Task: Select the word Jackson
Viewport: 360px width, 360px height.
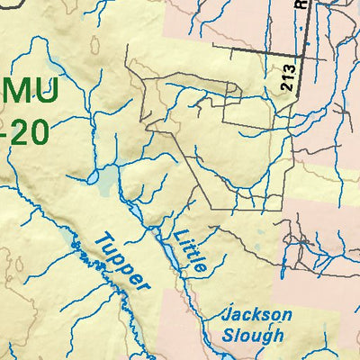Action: point(258,316)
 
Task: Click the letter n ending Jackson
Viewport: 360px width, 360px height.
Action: point(287,316)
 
